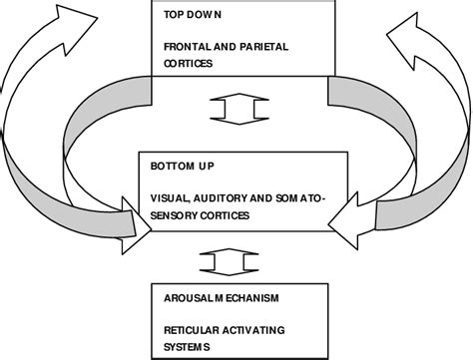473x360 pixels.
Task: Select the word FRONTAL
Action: click(x=173, y=46)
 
